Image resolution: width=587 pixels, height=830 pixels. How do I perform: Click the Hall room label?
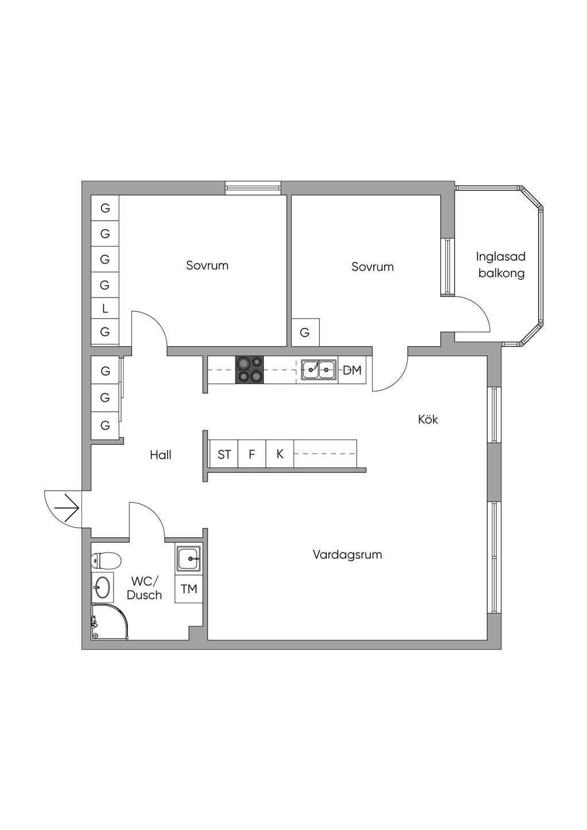click(x=161, y=455)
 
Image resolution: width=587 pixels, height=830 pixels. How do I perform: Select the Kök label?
click(x=428, y=419)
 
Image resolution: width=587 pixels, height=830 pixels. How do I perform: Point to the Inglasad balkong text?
click(x=501, y=265)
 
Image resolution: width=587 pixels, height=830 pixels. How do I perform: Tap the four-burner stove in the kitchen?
click(x=249, y=369)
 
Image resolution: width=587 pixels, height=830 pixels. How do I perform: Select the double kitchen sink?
click(x=318, y=370)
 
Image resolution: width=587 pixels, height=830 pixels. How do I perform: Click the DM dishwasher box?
click(x=352, y=370)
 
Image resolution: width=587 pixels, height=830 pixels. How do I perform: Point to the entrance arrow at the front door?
click(x=66, y=507)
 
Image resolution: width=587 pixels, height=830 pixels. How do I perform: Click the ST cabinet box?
click(x=224, y=454)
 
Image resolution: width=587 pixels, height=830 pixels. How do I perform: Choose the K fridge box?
click(x=280, y=454)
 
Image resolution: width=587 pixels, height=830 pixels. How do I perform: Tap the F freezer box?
click(x=252, y=454)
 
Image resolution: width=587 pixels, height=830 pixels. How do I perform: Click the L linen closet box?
click(x=105, y=308)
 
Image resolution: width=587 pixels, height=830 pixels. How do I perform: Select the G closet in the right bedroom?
click(x=306, y=332)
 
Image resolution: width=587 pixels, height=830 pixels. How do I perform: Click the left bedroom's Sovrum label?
click(x=207, y=265)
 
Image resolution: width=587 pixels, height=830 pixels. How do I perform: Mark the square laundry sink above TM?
click(x=189, y=558)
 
